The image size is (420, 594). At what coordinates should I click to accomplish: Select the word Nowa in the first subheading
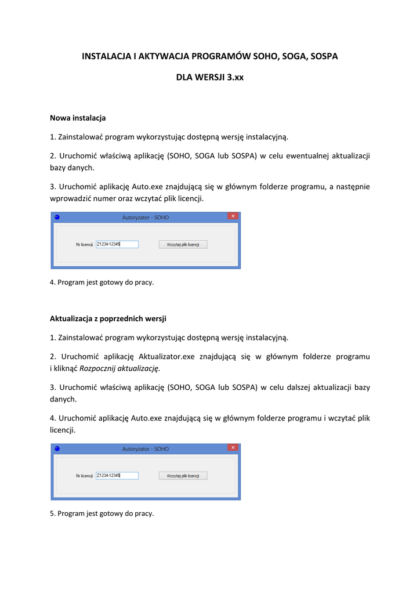tap(60, 118)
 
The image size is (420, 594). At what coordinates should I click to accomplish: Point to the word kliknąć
tap(65, 368)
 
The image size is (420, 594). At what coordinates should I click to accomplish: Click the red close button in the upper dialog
tap(233, 216)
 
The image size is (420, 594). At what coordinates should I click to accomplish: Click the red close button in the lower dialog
tap(233, 448)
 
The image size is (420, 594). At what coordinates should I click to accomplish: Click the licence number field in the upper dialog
tap(117, 244)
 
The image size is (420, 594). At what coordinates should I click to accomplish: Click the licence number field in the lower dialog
tap(117, 476)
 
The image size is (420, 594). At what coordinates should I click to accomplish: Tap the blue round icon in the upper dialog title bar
tap(57, 217)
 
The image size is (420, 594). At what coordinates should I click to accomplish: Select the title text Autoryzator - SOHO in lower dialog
tap(145, 448)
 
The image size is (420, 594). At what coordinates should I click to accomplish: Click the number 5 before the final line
tap(52, 513)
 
